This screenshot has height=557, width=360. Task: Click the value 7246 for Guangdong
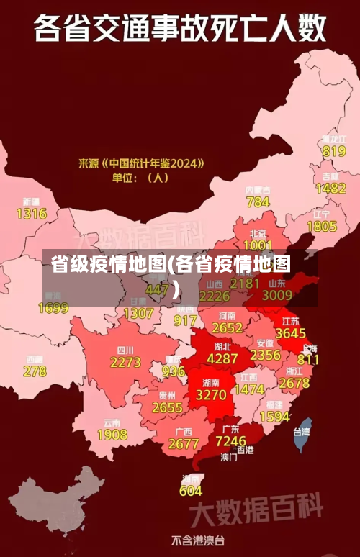click(230, 440)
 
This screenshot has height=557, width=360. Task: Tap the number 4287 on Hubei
click(222, 358)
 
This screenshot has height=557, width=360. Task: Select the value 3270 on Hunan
click(211, 395)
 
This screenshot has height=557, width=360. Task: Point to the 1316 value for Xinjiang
click(31, 214)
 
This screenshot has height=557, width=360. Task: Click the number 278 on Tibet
click(35, 371)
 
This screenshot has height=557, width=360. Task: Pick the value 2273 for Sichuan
click(125, 363)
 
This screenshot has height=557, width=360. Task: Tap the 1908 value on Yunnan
click(112, 435)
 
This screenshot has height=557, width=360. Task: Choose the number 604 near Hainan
click(191, 491)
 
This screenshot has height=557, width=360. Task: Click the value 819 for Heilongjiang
click(334, 151)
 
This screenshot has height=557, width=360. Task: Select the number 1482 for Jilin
click(330, 188)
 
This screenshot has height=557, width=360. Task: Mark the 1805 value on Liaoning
click(322, 226)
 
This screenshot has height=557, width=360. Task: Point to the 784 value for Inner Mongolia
click(258, 202)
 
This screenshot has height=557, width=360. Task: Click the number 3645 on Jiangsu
click(291, 333)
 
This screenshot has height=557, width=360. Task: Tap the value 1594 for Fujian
click(274, 417)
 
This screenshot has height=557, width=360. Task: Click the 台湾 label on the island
click(301, 433)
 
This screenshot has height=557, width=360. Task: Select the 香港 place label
click(245, 450)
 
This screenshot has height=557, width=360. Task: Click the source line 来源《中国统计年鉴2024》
click(141, 163)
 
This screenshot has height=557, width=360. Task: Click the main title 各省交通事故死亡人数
click(179, 30)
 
